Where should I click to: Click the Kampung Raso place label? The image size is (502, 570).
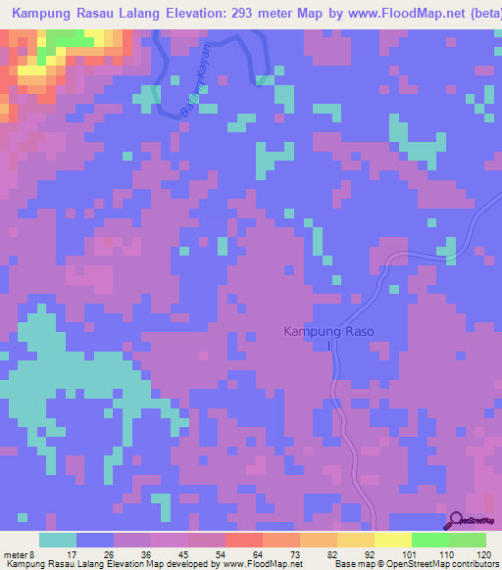pos(328,332)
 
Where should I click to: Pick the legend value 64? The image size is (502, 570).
pos(242,553)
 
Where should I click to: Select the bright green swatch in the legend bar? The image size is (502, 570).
pos(429,540)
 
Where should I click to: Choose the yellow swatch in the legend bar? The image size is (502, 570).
pos(392,540)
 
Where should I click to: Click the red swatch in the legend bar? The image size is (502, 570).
pos(242,540)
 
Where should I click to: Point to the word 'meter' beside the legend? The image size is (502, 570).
pos(13,553)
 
